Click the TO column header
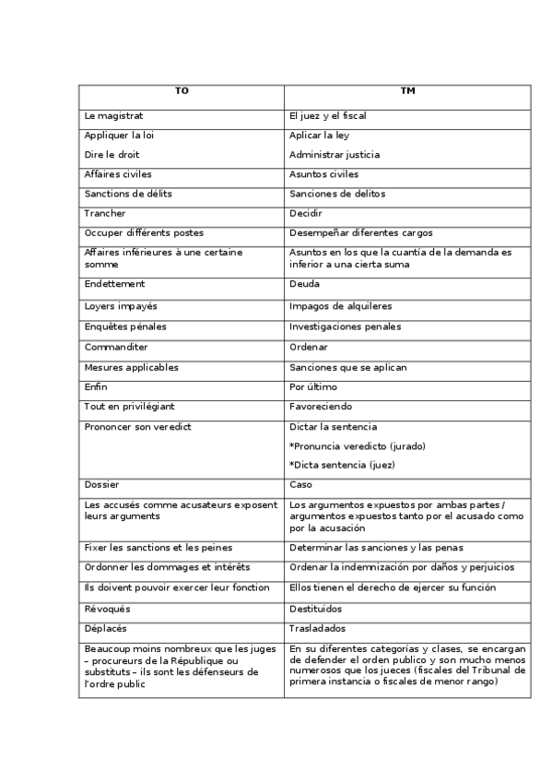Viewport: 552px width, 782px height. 182,90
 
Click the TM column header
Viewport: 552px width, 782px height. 406,90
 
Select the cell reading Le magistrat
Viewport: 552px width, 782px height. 113,116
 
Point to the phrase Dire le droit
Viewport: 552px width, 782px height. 112,154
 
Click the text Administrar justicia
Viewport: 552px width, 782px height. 334,154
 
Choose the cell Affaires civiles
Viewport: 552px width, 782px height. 118,173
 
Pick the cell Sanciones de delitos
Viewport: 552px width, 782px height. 336,194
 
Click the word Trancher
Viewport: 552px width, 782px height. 104,213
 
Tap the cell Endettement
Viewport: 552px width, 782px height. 114,284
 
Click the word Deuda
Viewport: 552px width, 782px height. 304,284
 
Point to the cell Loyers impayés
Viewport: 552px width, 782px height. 120,304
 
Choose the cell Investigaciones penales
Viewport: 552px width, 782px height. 345,326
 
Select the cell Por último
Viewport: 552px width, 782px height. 313,386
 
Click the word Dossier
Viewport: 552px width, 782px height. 101,484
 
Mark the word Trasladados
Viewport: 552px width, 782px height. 317,628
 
